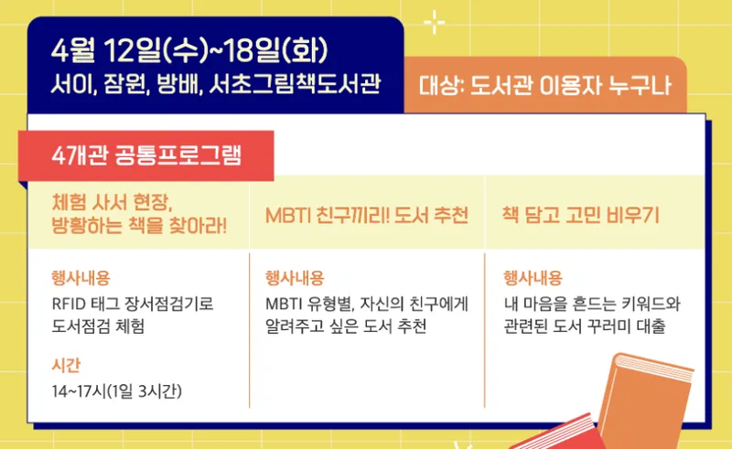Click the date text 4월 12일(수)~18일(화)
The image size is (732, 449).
(190, 50)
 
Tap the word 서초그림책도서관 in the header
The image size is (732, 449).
(295, 84)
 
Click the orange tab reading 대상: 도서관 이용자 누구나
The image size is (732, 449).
(544, 85)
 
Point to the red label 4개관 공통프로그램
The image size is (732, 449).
(146, 155)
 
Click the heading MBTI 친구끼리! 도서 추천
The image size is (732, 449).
(367, 216)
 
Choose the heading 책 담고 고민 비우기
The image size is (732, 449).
(580, 215)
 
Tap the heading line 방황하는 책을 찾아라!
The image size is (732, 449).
(139, 226)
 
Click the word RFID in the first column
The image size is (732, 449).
(69, 305)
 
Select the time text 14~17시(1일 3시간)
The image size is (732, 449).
(117, 391)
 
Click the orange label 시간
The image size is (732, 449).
(66, 365)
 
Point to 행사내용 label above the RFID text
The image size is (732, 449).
(81, 278)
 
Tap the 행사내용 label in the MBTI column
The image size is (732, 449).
(295, 278)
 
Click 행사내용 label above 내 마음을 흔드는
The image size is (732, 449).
(533, 278)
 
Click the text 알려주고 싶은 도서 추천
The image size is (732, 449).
(346, 326)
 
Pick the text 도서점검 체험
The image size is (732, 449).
(98, 326)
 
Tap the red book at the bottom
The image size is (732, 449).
(560, 434)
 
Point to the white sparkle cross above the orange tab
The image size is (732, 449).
(434, 22)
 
